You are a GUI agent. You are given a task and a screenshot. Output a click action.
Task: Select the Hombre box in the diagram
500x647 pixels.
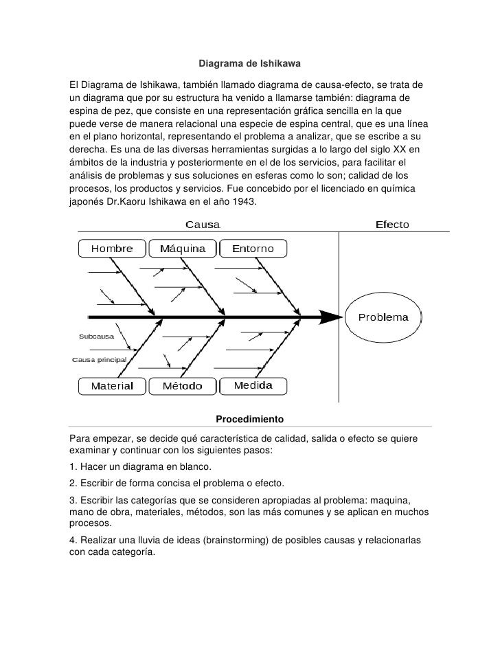click(113, 248)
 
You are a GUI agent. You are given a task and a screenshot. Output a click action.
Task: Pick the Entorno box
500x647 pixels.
click(252, 248)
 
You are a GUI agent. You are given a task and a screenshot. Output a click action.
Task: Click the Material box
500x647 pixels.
click(113, 386)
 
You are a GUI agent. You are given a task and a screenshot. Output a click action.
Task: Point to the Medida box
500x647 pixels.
click(252, 385)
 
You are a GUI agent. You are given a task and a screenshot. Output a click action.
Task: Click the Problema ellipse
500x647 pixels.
click(383, 317)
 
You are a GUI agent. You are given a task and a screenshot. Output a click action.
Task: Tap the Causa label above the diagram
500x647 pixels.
click(204, 225)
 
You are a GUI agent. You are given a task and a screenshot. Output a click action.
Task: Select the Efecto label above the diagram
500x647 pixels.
click(391, 225)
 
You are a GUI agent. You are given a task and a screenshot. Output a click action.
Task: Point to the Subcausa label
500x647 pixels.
click(96, 337)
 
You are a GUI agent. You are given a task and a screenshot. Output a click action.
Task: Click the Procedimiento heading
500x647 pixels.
click(249, 419)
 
